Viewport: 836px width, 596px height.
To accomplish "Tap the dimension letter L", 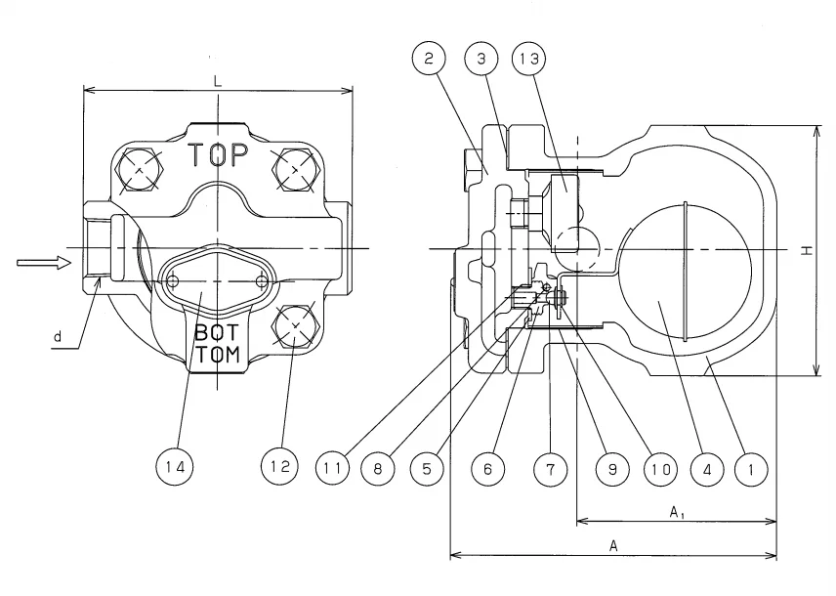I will click(x=218, y=82).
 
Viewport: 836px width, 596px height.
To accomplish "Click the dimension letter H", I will click(x=806, y=251).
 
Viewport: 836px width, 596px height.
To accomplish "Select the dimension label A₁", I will click(x=676, y=511).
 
